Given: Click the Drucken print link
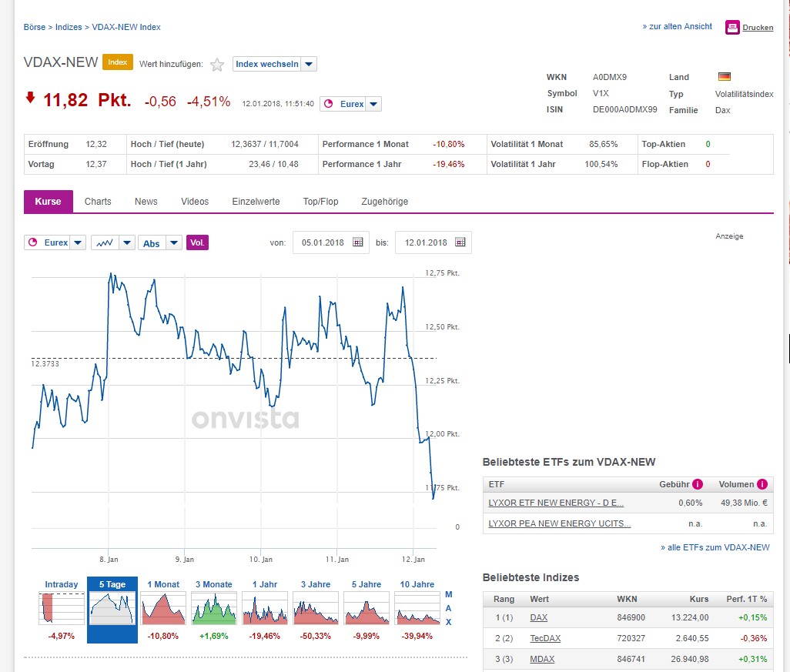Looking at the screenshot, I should [x=758, y=28].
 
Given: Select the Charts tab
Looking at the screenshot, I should [x=98, y=202].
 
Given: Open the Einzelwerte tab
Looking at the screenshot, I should [x=256, y=202].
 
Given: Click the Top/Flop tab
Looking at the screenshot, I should [x=320, y=202].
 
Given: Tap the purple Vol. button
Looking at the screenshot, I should [x=197, y=242].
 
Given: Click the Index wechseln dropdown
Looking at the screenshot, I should [x=274, y=64].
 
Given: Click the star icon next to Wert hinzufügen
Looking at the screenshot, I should [x=217, y=65].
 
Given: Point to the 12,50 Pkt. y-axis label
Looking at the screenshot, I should [x=442, y=327].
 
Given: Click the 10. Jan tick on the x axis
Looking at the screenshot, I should [x=261, y=560].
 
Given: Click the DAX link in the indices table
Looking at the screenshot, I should [x=538, y=617].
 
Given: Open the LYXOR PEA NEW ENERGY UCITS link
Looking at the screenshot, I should [x=559, y=523].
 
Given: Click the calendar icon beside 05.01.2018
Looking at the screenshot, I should [x=357, y=242].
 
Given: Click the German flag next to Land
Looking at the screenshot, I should [x=724, y=77].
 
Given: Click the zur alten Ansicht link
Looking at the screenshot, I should [x=677, y=26].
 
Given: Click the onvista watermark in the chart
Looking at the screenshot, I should [x=245, y=420].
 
